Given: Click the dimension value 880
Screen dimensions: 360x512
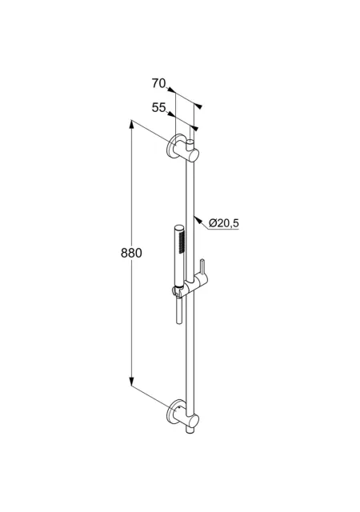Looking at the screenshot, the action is pyautogui.click(x=131, y=253).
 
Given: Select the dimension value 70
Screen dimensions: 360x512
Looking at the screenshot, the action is pyautogui.click(x=158, y=83).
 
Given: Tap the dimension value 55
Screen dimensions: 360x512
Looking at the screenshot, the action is pyautogui.click(x=158, y=107).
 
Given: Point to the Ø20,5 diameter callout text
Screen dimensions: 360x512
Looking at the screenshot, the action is pyautogui.click(x=224, y=223).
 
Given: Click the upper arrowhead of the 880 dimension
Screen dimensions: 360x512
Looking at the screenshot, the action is pyautogui.click(x=131, y=125).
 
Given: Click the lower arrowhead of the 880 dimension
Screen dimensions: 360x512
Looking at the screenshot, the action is pyautogui.click(x=131, y=381).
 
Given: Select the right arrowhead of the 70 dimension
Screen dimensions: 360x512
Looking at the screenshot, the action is pyautogui.click(x=198, y=106).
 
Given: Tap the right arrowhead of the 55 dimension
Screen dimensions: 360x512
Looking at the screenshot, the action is pyautogui.click(x=194, y=128).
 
